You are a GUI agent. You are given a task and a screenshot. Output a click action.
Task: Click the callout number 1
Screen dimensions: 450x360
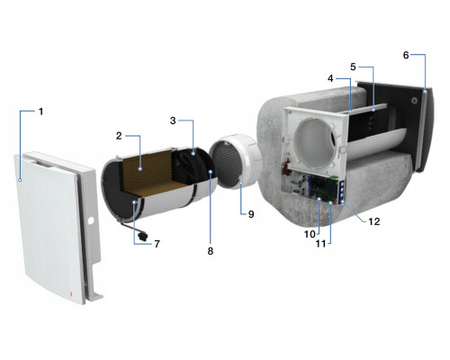click(x=41, y=112)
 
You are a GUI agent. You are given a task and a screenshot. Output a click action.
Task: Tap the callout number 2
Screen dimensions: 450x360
click(x=119, y=136)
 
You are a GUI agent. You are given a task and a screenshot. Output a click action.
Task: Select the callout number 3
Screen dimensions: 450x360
click(x=173, y=121)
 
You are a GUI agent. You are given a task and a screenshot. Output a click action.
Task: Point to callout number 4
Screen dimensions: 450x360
click(x=330, y=78)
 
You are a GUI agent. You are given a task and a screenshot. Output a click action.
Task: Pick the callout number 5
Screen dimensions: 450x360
click(x=353, y=67)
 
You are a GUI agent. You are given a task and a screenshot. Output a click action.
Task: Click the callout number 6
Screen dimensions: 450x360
click(x=406, y=55)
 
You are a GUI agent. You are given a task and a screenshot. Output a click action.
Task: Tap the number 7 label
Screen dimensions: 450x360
click(x=157, y=244)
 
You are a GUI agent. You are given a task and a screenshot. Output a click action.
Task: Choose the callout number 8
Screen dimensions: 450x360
click(x=211, y=251)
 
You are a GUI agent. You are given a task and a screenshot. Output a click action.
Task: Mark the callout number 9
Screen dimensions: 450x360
click(x=251, y=214)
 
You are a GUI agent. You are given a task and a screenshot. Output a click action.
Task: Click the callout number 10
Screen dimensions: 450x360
click(x=310, y=234)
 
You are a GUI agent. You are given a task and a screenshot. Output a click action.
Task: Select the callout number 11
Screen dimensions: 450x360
click(x=321, y=244)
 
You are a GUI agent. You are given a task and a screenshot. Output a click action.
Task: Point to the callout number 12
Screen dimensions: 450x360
click(x=374, y=221)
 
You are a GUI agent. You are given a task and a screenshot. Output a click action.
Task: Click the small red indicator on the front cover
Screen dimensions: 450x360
click(x=71, y=294)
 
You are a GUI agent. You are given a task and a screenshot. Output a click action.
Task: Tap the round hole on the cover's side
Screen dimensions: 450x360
click(x=91, y=221)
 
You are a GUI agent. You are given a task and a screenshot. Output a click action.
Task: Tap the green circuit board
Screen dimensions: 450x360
click(x=325, y=188)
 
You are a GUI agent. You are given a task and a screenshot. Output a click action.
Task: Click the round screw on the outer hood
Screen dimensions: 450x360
click(x=414, y=101)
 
